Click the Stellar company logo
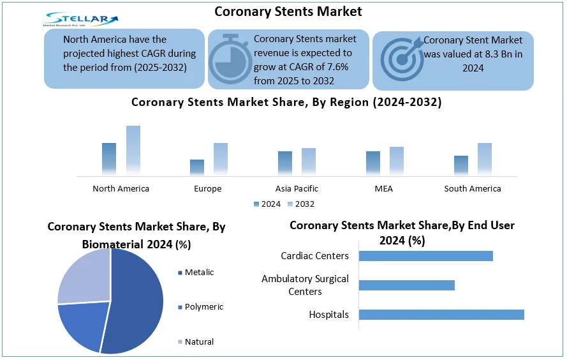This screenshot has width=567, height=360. pos(80,19)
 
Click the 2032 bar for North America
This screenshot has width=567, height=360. pos(133,151)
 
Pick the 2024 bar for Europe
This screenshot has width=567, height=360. pos(197,167)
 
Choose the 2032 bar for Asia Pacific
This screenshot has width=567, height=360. pos(309,161)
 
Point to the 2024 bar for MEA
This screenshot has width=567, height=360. pos(373,163)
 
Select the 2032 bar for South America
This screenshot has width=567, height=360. pos(485,159)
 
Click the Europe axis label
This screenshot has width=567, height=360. pos(207,188)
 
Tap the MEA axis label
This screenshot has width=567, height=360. pos(384,188)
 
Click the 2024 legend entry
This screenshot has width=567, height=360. pos(267,204)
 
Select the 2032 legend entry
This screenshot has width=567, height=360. pos(301,204)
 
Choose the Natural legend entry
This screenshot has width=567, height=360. pos(196,342)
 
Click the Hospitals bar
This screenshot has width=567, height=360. pos(441,315)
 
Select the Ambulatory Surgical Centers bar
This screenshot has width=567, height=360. pos(406,285)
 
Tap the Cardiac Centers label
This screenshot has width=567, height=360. pos(314,256)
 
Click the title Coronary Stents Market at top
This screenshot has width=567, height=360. pos(288,11)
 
